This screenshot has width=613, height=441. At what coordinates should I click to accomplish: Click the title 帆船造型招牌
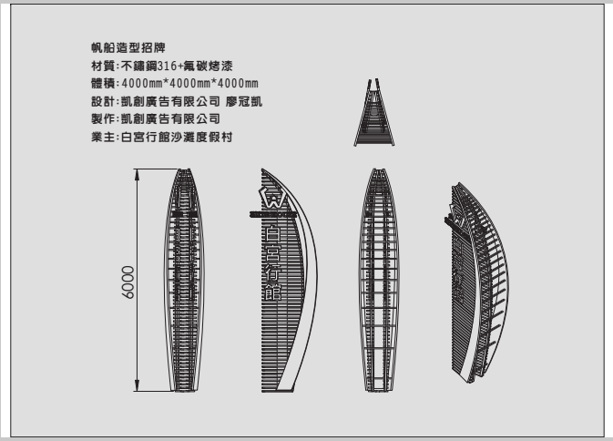[x=128, y=47]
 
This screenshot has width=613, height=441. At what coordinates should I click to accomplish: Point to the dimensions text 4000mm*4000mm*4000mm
[x=190, y=84]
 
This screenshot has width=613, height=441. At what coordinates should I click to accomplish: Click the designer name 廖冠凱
[x=244, y=102]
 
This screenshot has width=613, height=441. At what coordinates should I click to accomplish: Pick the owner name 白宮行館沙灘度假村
[x=177, y=138]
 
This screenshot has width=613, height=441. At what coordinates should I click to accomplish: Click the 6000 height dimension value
[x=128, y=282]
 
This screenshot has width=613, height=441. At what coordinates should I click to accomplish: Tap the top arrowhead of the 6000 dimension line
[x=137, y=174]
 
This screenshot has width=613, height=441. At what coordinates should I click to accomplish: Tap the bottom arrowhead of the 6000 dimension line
[x=137, y=385]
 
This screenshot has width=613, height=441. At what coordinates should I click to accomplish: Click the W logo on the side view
[x=273, y=198]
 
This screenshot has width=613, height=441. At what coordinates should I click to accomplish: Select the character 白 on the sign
[x=273, y=234]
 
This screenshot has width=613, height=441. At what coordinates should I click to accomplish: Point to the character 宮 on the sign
[x=273, y=254]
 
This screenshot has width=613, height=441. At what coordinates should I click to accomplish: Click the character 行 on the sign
[x=273, y=273]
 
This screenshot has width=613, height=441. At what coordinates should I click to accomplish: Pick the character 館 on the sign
[x=273, y=292]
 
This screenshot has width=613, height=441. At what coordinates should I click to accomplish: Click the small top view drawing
[x=374, y=113]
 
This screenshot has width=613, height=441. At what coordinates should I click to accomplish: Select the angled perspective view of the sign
[x=476, y=282]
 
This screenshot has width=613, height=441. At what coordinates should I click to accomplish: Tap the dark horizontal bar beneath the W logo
[x=273, y=214]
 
